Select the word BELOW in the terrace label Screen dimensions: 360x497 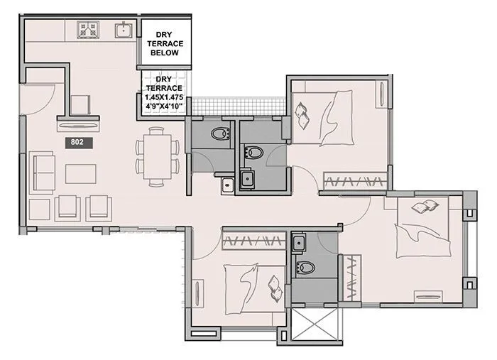(165, 53)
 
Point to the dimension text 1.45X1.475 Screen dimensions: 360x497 (165, 97)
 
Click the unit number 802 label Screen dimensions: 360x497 (77, 142)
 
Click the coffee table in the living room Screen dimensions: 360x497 (80, 173)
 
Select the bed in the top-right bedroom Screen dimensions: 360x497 (327, 117)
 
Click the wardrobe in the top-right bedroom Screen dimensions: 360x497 (355, 181)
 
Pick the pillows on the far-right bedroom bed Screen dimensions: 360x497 (424, 207)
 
